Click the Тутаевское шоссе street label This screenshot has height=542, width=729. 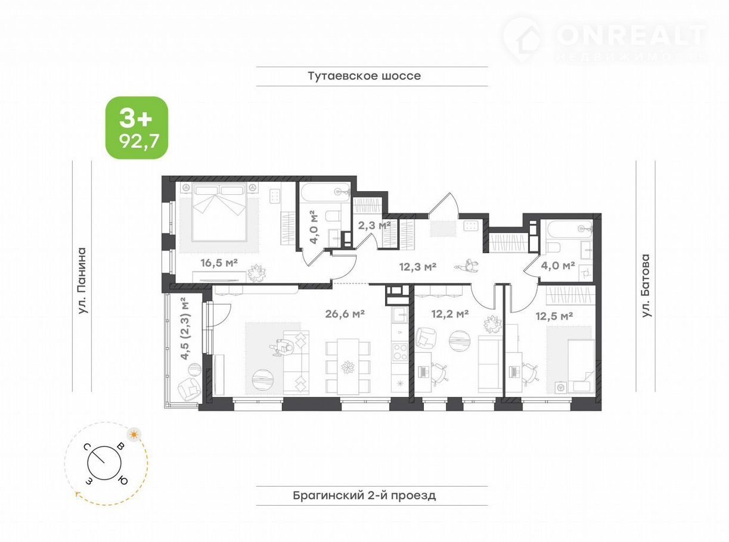(x=364, y=76)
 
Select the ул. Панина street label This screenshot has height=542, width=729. (x=82, y=281)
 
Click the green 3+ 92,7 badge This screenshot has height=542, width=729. (x=137, y=128)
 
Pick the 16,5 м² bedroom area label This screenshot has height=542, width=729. (x=219, y=263)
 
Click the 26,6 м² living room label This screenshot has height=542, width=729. (x=345, y=314)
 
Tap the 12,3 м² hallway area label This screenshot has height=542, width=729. (x=418, y=266)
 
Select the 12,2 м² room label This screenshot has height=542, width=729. (x=450, y=314)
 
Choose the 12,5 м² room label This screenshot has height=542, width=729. (x=554, y=316)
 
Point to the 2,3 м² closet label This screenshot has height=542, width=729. (x=374, y=225)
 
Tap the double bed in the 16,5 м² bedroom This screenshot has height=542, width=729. (x=219, y=212)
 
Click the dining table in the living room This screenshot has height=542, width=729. (x=348, y=366)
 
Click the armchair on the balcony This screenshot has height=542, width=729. (x=189, y=389)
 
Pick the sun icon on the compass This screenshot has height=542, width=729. (x=134, y=435)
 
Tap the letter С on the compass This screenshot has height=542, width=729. (x=87, y=447)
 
